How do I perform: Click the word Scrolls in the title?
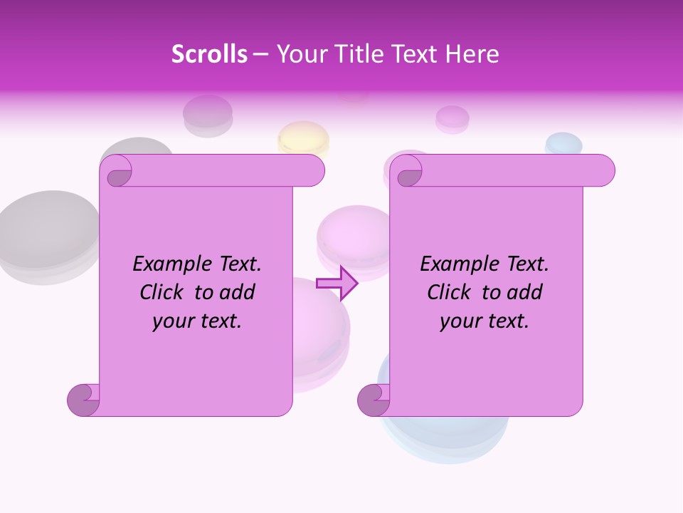click(209, 54)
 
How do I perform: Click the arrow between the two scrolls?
click(337, 283)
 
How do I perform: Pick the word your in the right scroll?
click(460, 321)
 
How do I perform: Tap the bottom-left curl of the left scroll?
click(83, 400)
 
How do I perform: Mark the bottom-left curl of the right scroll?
click(373, 400)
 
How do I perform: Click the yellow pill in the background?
click(304, 137)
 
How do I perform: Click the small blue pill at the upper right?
click(563, 143)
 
